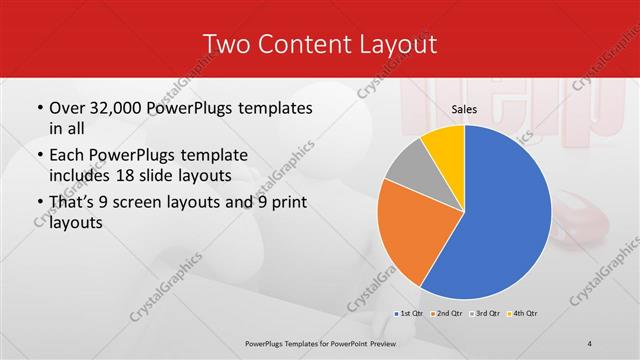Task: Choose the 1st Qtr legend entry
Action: (410, 313)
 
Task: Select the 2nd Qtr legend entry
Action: (449, 313)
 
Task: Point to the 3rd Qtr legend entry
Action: (488, 313)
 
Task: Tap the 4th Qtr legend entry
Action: (526, 313)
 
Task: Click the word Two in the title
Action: (227, 44)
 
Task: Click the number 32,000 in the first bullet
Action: (113, 107)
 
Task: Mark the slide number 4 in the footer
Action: (590, 344)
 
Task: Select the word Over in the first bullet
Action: (65, 107)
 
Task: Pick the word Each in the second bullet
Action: (66, 155)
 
